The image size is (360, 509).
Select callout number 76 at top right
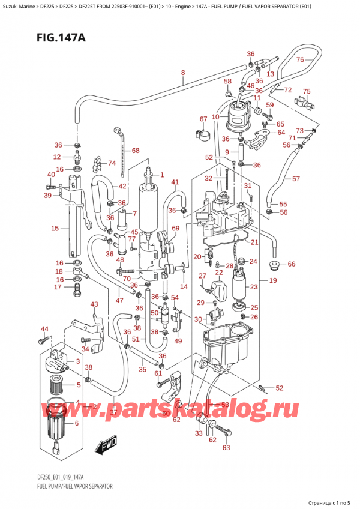(317, 59)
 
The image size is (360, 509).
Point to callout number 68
(135, 151)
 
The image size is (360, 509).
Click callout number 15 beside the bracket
(55, 228)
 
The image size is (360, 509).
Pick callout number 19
(272, 280)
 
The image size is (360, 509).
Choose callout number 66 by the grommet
(292, 264)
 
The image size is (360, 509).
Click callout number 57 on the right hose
(296, 179)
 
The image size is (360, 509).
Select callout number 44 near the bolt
(44, 329)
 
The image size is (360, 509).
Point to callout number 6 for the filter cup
(76, 424)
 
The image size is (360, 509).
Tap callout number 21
(254, 242)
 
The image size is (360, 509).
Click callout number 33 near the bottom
(199, 433)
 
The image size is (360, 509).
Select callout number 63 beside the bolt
(226, 447)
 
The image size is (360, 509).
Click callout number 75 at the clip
(307, 91)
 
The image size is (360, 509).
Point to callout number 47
(120, 300)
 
